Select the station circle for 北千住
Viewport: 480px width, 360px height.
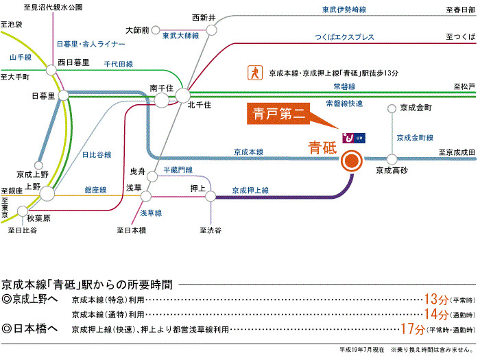click(x=183, y=95)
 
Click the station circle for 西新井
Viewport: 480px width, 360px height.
click(x=211, y=30)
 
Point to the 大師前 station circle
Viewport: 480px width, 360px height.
click(x=156, y=30)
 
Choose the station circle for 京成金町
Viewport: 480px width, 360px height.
click(x=392, y=108)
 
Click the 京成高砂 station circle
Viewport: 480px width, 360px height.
click(x=392, y=158)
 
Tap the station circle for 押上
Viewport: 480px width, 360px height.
click(x=211, y=196)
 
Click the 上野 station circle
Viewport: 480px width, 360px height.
click(x=47, y=195)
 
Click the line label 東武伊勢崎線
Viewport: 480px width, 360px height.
click(x=344, y=11)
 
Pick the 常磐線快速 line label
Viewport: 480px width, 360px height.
click(x=344, y=104)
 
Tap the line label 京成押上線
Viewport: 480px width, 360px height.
click(x=250, y=190)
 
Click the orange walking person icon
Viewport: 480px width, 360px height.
click(x=254, y=71)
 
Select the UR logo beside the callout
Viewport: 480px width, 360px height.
click(x=355, y=137)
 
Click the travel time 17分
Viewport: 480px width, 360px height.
click(x=412, y=329)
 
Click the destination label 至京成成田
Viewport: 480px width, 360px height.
click(x=457, y=152)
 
